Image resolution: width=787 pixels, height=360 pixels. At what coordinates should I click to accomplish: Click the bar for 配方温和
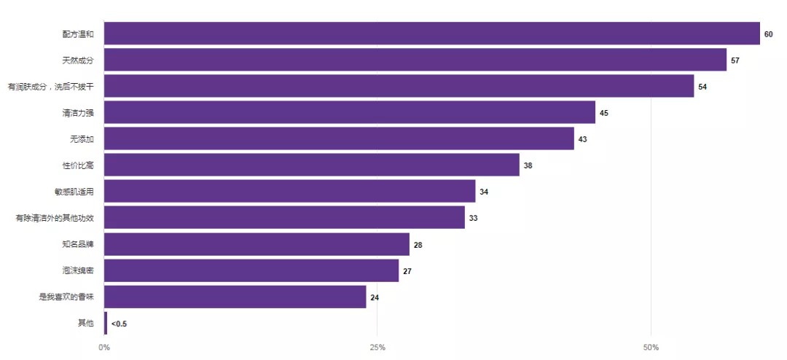click(x=432, y=34)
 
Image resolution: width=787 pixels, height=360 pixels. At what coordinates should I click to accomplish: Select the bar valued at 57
click(x=415, y=60)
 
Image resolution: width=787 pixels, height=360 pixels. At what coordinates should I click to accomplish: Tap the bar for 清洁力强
click(x=350, y=112)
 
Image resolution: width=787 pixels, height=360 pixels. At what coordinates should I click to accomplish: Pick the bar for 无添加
click(x=339, y=138)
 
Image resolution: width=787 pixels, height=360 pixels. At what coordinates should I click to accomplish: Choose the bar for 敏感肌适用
click(x=290, y=192)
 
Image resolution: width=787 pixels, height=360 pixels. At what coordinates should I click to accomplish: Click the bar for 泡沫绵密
click(x=251, y=270)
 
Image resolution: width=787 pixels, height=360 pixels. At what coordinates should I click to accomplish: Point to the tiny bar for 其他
click(x=106, y=323)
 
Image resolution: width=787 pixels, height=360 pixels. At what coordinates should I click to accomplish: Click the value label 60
click(x=768, y=34)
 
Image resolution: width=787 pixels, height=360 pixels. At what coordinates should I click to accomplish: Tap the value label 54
click(x=702, y=87)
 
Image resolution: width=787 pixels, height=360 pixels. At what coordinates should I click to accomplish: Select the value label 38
click(x=528, y=165)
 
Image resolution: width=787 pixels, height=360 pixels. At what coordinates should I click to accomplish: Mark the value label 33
click(x=473, y=218)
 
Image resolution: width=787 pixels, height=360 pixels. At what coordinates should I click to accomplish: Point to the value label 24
click(x=375, y=297)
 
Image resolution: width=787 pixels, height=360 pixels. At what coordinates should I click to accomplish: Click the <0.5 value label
click(x=119, y=324)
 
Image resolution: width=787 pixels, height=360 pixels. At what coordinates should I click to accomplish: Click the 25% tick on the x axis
click(x=377, y=348)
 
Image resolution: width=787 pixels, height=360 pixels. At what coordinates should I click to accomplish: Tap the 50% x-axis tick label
click(x=651, y=348)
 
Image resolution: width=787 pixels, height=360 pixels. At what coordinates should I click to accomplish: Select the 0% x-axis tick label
click(x=104, y=348)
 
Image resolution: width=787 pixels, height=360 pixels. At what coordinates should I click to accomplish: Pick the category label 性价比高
click(x=78, y=165)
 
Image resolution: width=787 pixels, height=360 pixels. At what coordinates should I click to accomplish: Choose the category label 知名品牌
click(x=78, y=244)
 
